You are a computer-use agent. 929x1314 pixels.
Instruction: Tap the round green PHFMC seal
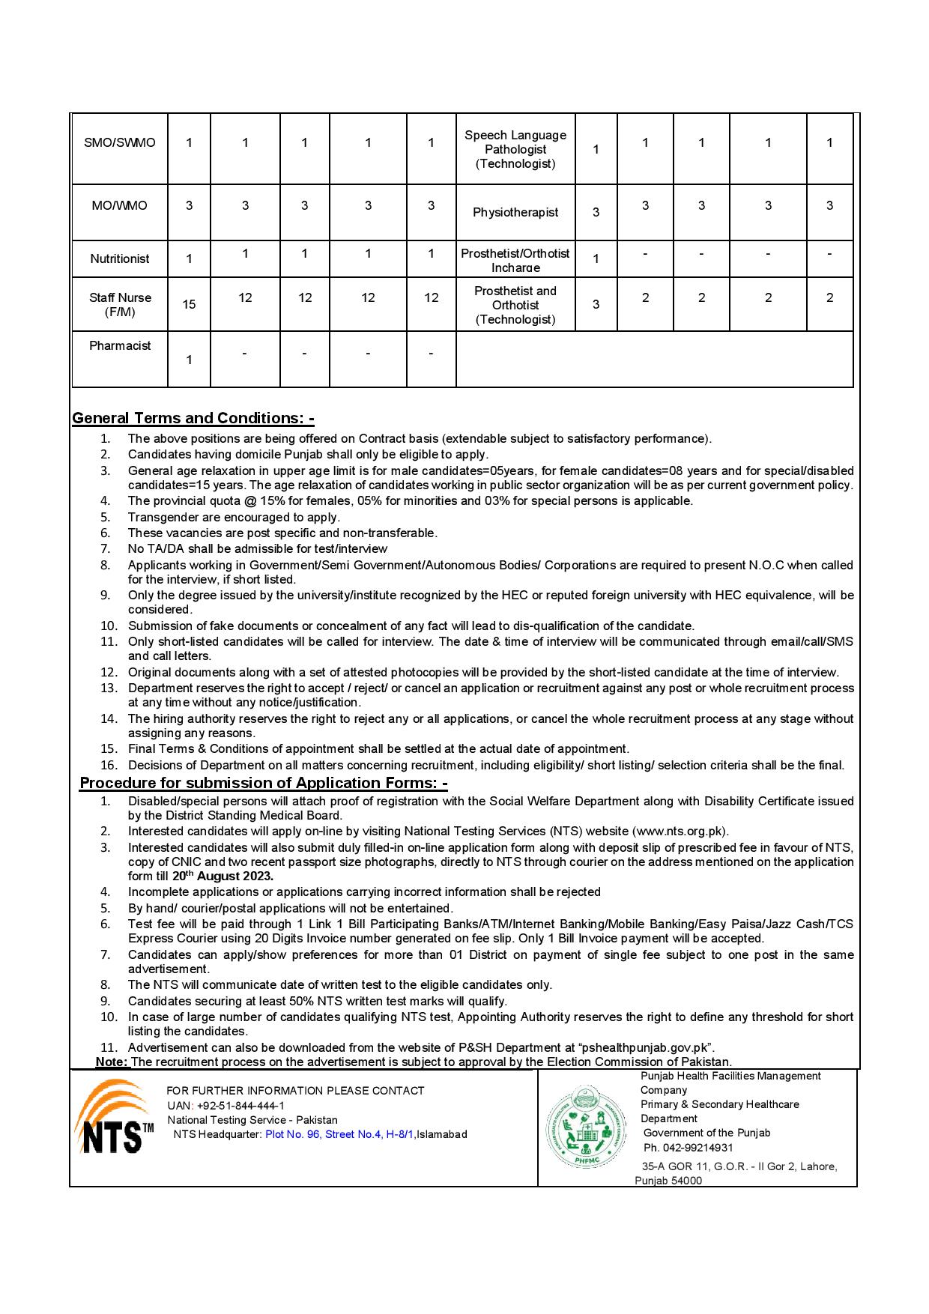pyautogui.click(x=587, y=1128)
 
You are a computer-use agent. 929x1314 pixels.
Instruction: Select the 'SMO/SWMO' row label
pyautogui.click(x=120, y=142)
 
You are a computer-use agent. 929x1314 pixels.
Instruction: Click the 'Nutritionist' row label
pyautogui.click(x=120, y=258)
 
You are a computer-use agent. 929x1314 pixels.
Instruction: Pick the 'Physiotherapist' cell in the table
pyautogui.click(x=515, y=213)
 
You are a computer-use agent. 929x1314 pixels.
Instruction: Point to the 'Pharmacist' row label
pyautogui.click(x=120, y=345)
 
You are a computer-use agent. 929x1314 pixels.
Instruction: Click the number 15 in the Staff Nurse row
pyautogui.click(x=189, y=304)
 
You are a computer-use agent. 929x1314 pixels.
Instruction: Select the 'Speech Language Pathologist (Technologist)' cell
pyautogui.click(x=515, y=149)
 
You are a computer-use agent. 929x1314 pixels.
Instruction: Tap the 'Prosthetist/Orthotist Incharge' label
pyautogui.click(x=515, y=260)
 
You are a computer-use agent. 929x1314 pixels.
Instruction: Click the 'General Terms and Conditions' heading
pyautogui.click(x=193, y=418)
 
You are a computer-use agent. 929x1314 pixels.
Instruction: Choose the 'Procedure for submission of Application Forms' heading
pyautogui.click(x=264, y=783)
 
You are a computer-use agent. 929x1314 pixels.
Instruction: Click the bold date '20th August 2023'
pyautogui.click(x=223, y=876)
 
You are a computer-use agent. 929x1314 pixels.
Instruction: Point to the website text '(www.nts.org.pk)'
pyautogui.click(x=680, y=831)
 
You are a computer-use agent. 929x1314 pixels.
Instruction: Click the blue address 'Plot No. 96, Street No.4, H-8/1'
pyautogui.click(x=339, y=1134)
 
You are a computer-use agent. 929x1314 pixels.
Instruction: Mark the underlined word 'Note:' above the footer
pyautogui.click(x=112, y=1062)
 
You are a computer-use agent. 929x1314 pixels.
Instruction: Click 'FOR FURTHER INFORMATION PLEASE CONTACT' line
pyautogui.click(x=295, y=1091)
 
